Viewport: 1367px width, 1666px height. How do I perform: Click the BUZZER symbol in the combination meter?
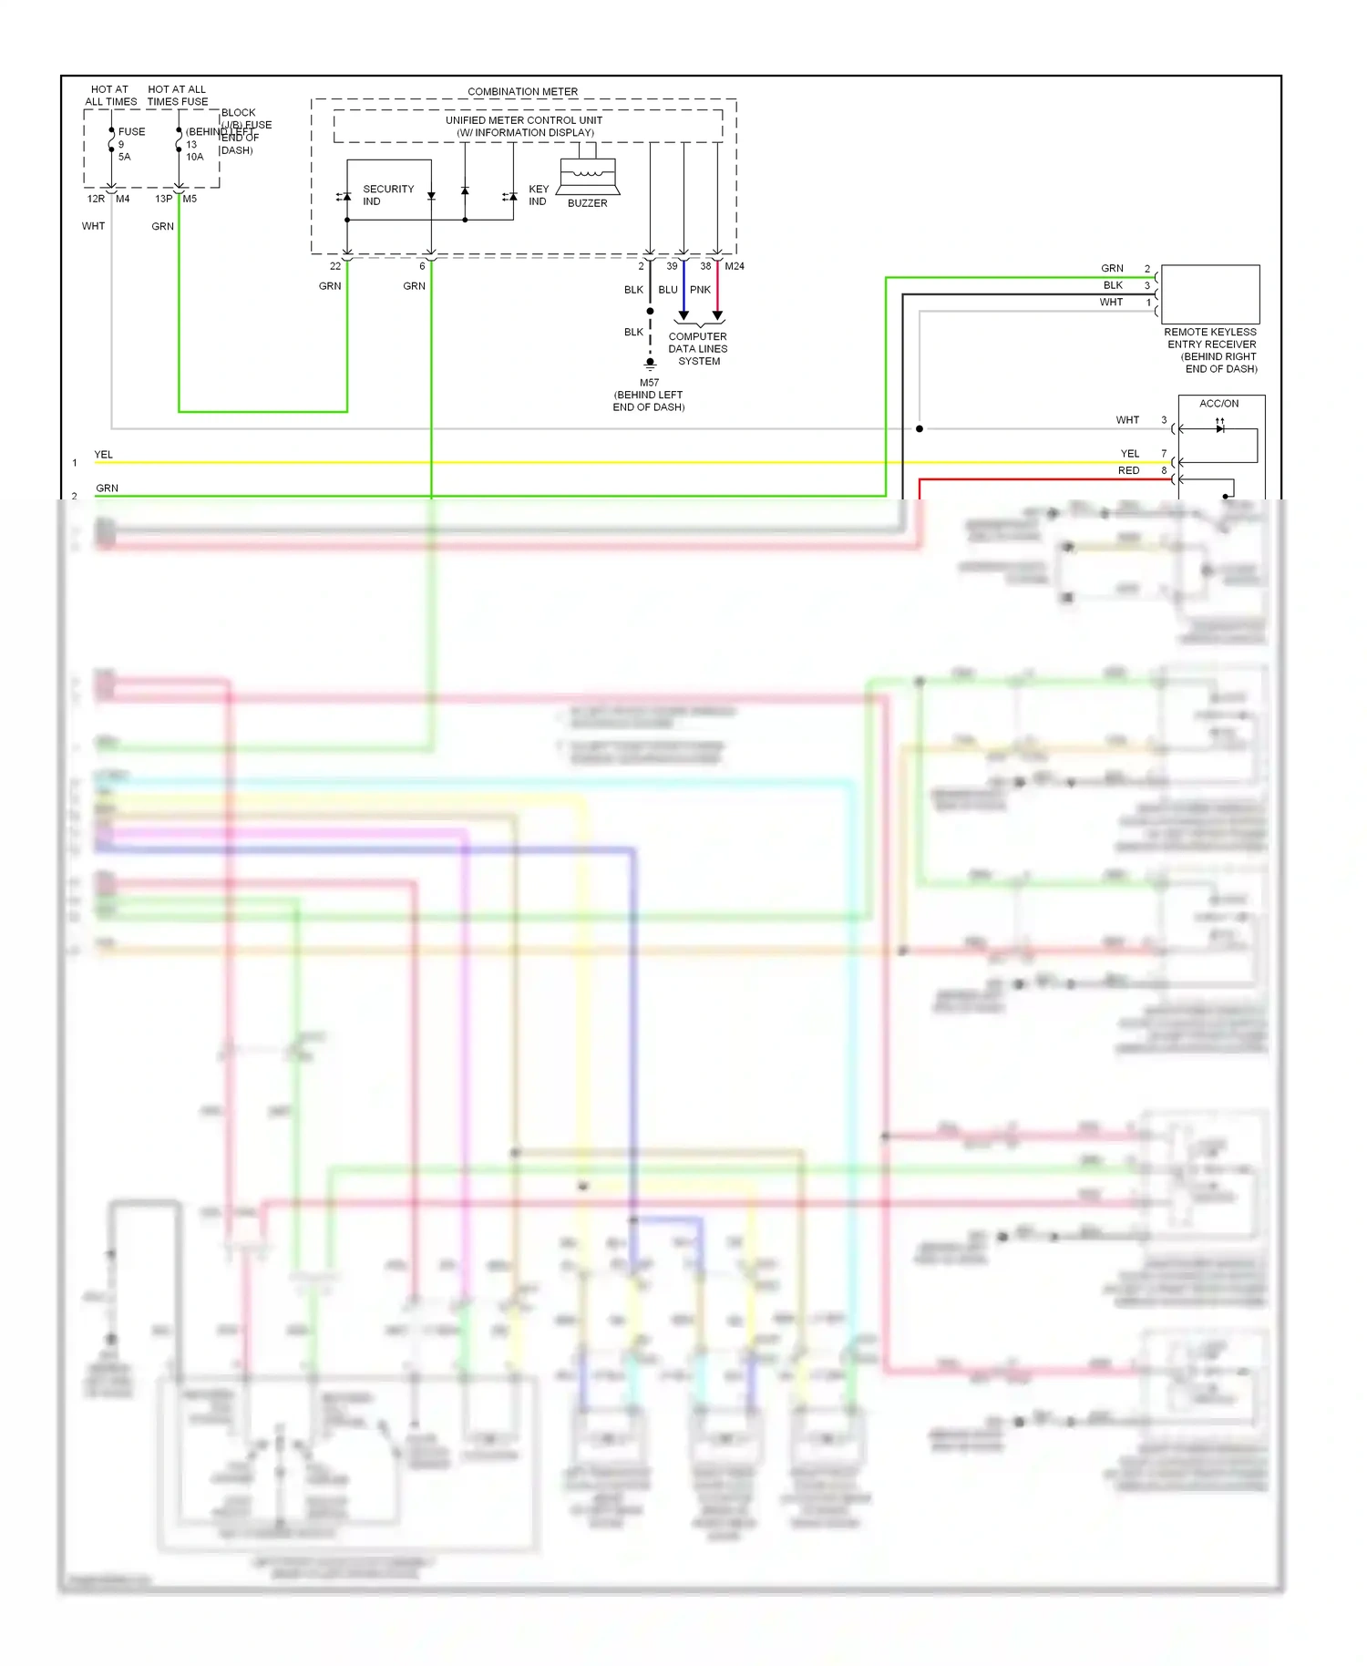coord(588,176)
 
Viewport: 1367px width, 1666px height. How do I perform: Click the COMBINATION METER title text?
coord(522,92)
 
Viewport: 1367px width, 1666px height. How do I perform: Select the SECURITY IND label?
coord(387,195)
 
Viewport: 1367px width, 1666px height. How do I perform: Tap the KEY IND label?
coord(538,195)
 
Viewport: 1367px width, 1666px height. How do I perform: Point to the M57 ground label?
coord(649,383)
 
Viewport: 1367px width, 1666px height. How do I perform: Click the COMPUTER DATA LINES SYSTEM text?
coord(698,349)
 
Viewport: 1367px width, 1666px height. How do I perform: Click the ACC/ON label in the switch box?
coord(1218,403)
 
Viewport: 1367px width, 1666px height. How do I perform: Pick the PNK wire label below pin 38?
coord(700,290)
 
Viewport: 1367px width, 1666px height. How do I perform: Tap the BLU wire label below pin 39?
coord(668,290)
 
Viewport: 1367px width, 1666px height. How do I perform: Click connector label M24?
coord(735,266)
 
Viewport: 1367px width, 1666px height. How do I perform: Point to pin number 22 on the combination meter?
coord(335,266)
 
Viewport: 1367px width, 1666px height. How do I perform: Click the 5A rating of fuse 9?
coord(125,157)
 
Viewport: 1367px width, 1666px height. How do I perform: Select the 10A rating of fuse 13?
coord(195,157)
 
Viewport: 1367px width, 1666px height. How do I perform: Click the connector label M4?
coord(123,199)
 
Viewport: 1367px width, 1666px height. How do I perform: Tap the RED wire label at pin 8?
coord(1128,470)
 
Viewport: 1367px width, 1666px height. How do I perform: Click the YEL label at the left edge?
coord(104,454)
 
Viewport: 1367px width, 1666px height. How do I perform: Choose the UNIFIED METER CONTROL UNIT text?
coord(523,120)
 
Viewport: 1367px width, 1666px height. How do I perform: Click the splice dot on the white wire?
coord(920,428)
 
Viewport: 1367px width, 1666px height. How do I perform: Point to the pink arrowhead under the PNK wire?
coord(717,315)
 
